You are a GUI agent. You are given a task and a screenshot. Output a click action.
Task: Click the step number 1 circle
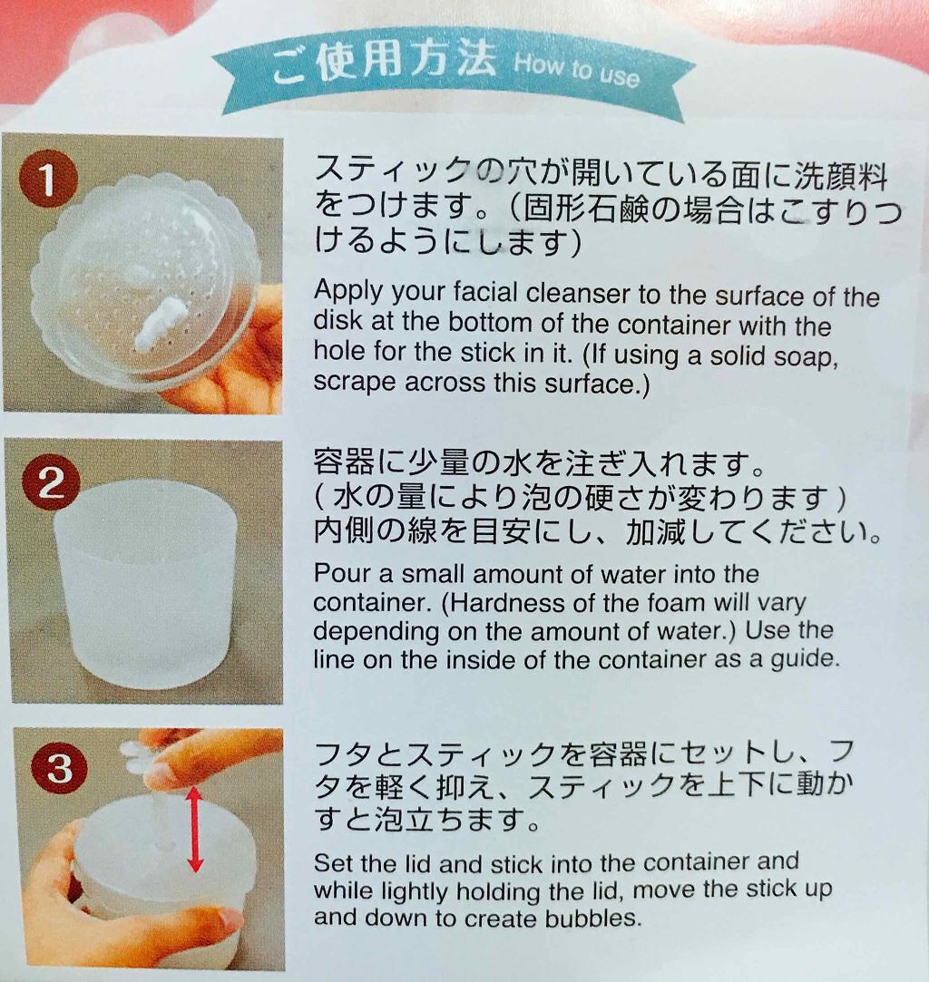47,180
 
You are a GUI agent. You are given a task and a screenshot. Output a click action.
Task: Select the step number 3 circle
59,766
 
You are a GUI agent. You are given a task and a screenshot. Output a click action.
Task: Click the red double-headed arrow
195,829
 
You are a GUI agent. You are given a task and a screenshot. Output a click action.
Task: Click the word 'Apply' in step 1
348,292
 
